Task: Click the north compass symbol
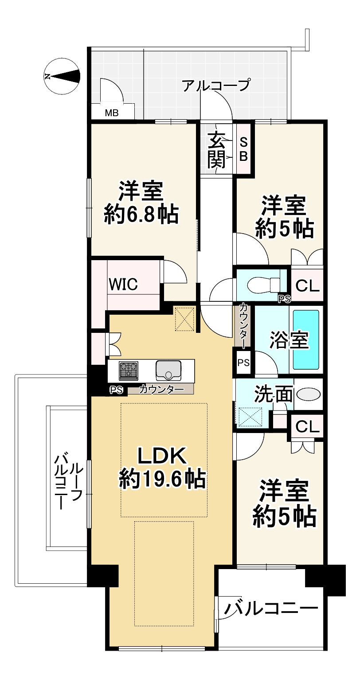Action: click(x=63, y=76)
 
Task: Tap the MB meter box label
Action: click(x=111, y=113)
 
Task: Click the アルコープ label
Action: click(x=217, y=85)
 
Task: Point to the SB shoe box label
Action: click(x=244, y=149)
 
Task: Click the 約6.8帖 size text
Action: click(x=141, y=216)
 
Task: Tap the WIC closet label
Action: click(x=124, y=284)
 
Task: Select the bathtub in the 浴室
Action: click(x=306, y=340)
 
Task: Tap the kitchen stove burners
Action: click(x=129, y=370)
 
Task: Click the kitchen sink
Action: click(x=168, y=370)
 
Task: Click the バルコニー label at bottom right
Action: click(x=271, y=608)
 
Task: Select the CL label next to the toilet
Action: click(x=307, y=286)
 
